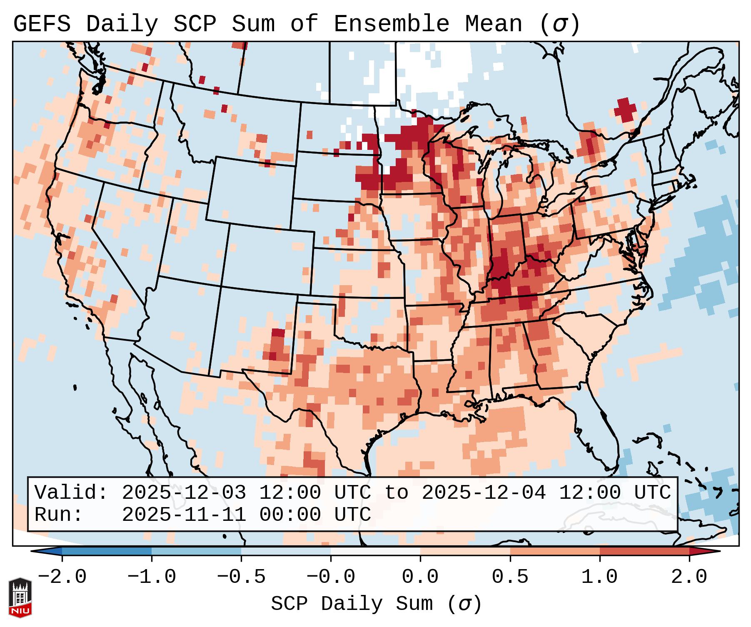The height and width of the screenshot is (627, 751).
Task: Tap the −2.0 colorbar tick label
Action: (x=62, y=577)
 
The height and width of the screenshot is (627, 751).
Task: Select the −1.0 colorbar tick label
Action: (x=152, y=577)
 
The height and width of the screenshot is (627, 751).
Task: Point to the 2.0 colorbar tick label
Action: (x=689, y=577)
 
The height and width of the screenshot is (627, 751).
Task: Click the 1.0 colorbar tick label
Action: (x=600, y=577)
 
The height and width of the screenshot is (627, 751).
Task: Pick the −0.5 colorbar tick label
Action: (x=241, y=577)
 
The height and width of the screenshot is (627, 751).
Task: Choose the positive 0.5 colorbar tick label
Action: (x=510, y=577)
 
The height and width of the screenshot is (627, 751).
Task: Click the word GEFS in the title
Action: (x=42, y=24)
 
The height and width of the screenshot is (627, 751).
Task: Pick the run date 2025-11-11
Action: (x=184, y=515)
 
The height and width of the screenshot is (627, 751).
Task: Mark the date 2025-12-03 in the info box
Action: (x=184, y=493)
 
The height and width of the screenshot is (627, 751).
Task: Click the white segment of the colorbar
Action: (x=375, y=551)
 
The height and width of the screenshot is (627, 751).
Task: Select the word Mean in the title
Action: (x=494, y=24)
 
